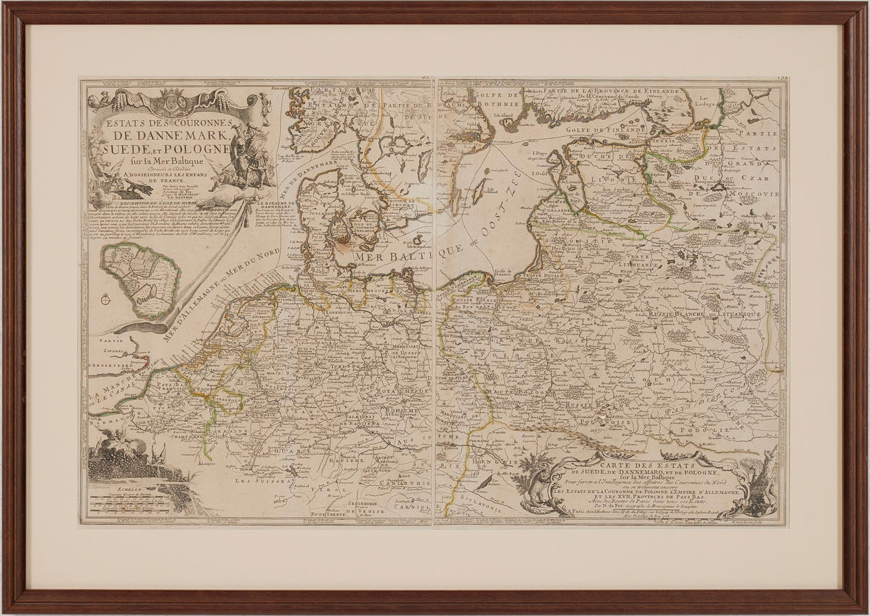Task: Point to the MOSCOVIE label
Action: point(752,194)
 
